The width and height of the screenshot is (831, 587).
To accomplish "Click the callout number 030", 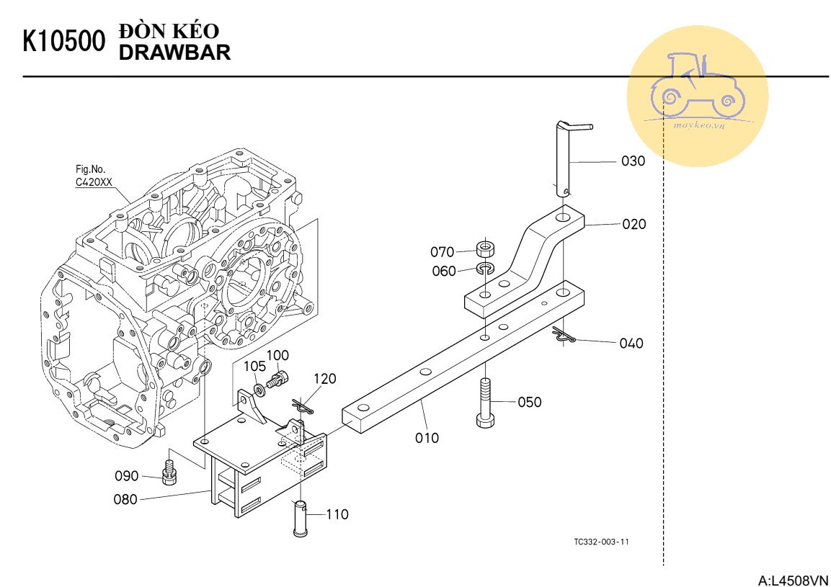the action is (x=633, y=161).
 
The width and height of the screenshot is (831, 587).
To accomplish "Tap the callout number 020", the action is (x=634, y=224).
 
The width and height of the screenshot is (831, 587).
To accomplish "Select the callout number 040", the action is (x=631, y=344).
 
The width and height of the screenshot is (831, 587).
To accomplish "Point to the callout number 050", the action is (x=530, y=402).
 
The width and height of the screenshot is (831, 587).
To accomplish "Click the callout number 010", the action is (x=427, y=438).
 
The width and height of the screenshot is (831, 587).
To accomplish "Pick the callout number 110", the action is (x=337, y=514).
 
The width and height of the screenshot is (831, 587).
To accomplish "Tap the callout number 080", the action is (x=125, y=499).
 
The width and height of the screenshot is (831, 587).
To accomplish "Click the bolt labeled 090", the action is (x=169, y=472).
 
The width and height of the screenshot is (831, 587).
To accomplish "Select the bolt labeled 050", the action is (x=485, y=402).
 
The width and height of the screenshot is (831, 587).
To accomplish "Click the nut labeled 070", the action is (x=484, y=248).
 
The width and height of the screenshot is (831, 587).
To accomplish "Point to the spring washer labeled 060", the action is (x=484, y=268).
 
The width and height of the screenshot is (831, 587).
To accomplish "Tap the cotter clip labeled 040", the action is (x=563, y=336).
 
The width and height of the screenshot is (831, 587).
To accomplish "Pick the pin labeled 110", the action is (x=300, y=518).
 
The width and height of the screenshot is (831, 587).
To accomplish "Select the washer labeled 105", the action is (x=260, y=390).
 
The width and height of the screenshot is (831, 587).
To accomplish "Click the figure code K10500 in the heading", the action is (x=64, y=41).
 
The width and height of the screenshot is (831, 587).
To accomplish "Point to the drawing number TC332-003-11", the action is (x=601, y=542).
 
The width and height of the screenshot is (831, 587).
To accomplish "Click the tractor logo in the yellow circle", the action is (x=698, y=86).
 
